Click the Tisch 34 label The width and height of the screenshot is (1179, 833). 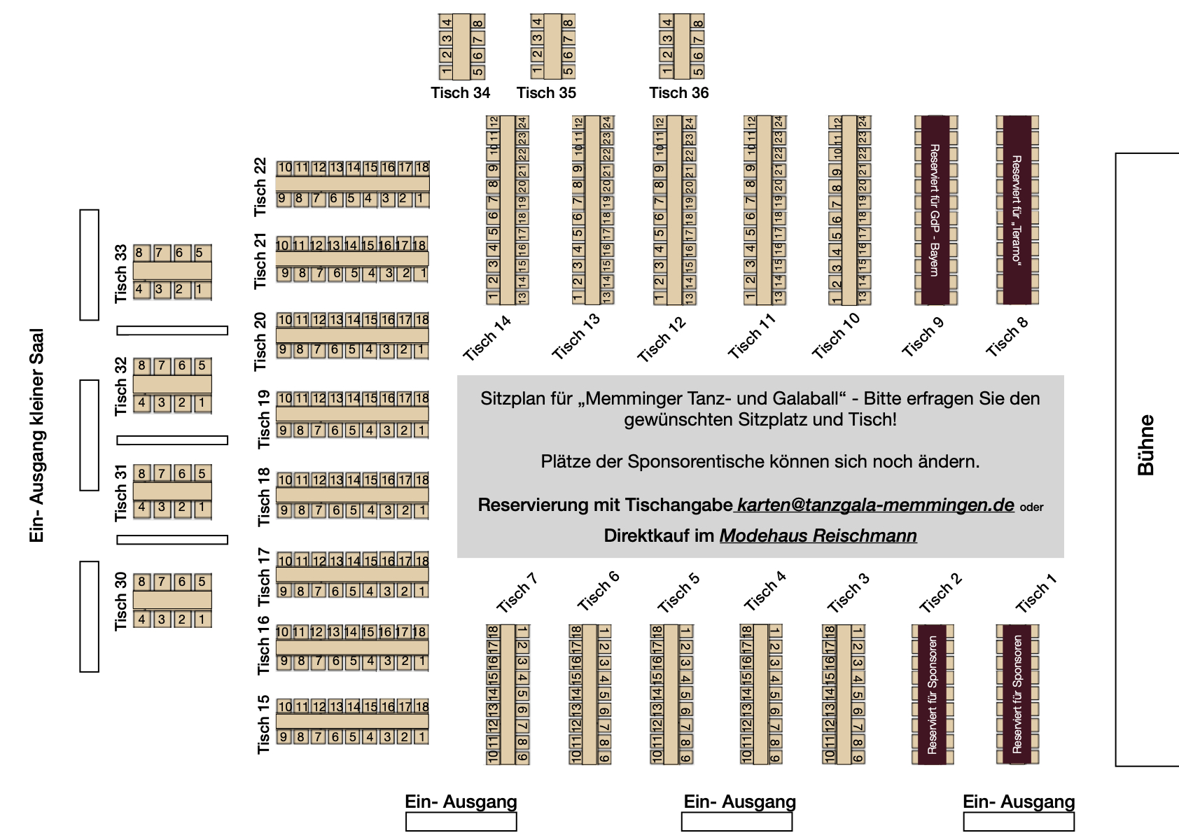coord(460,93)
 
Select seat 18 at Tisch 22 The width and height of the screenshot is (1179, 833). coord(422,168)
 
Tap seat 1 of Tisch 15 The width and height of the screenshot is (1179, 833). coord(421,736)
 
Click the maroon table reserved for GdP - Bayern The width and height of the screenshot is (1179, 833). coord(935,210)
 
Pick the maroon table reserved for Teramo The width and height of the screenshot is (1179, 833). coord(1017,210)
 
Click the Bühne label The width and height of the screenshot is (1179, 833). coord(1145,445)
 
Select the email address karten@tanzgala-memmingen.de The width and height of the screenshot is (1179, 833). coord(875,505)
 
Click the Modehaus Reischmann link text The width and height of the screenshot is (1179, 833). coord(818,535)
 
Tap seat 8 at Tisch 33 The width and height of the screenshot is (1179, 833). coord(139,253)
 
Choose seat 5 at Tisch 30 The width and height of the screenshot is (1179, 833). coord(202,582)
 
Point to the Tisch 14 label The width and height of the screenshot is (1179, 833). coord(487,337)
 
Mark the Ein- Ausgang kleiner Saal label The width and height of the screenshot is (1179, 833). coord(37,435)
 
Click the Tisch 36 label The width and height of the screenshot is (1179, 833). coord(678,93)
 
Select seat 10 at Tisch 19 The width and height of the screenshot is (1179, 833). coord(285,398)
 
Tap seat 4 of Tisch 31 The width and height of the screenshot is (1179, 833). coord(142,507)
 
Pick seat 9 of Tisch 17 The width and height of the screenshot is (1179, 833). coord(284,591)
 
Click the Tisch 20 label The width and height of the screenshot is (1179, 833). coord(260,342)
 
